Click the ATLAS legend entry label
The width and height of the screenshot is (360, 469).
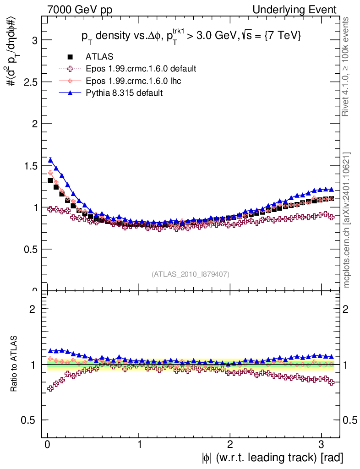(99, 57)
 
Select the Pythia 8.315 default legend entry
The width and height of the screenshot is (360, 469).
(124, 93)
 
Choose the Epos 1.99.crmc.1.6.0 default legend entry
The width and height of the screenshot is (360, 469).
(141, 69)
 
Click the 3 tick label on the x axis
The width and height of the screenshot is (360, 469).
(321, 444)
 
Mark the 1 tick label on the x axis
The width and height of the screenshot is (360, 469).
(139, 444)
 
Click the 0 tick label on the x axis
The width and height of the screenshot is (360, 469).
(48, 444)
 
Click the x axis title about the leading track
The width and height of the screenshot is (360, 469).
(272, 458)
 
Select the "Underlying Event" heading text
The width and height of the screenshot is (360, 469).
(301, 10)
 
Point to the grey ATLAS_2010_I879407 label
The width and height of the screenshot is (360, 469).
(191, 274)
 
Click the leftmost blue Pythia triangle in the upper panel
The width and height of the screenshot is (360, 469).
(50, 160)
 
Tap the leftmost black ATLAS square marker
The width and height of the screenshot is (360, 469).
(50, 180)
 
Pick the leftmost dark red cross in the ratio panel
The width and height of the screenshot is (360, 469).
(50, 388)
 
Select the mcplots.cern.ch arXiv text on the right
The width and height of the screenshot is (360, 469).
(348, 220)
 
